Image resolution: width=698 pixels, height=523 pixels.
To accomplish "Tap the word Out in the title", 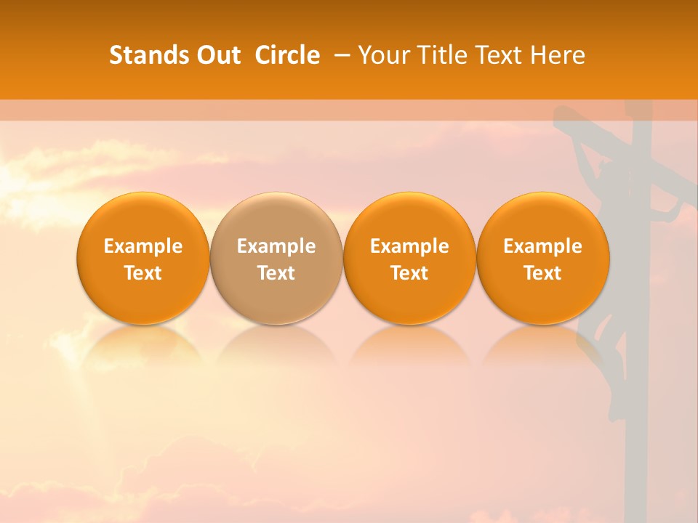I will click(217, 55).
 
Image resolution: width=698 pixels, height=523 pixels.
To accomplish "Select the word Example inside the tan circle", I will click(276, 246).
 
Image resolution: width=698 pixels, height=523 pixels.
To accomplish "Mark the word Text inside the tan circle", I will click(276, 273).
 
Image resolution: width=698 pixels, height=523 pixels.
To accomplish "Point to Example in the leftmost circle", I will click(143, 246).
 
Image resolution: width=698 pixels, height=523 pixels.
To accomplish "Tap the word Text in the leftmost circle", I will click(143, 273).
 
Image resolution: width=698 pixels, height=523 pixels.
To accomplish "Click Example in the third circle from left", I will click(409, 246).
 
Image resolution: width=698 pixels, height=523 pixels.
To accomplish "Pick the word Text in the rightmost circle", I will click(542, 273).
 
